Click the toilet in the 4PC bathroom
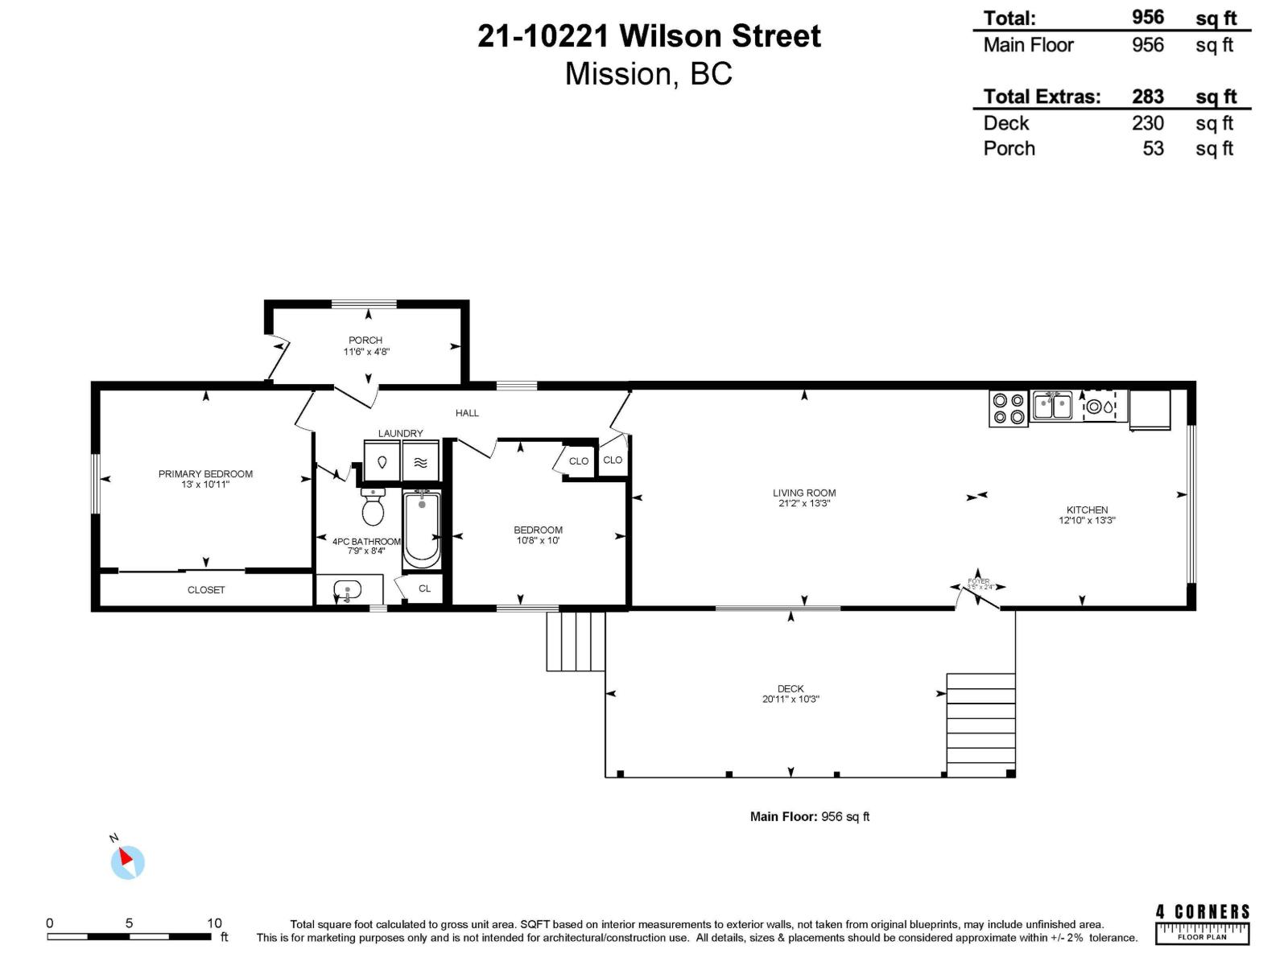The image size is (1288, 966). [373, 507]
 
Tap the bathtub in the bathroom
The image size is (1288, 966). [422, 529]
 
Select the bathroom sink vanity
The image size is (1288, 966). [348, 590]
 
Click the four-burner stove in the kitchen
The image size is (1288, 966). [1009, 408]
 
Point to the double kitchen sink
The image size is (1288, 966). [1051, 406]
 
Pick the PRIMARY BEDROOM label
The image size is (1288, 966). [205, 474]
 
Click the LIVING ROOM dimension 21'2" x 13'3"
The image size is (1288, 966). [804, 504]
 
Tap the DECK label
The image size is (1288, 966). [791, 688]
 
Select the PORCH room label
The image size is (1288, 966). [365, 341]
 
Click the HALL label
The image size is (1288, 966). [467, 413]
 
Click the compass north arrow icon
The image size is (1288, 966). [127, 861]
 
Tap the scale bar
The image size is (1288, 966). [129, 936]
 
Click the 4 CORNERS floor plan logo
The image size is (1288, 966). [1203, 923]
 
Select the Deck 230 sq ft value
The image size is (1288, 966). [1147, 123]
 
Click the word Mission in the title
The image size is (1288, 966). [617, 74]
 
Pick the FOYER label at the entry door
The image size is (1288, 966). [979, 581]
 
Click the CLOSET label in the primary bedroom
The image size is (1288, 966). [206, 590]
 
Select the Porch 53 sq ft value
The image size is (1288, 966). [1153, 149]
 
